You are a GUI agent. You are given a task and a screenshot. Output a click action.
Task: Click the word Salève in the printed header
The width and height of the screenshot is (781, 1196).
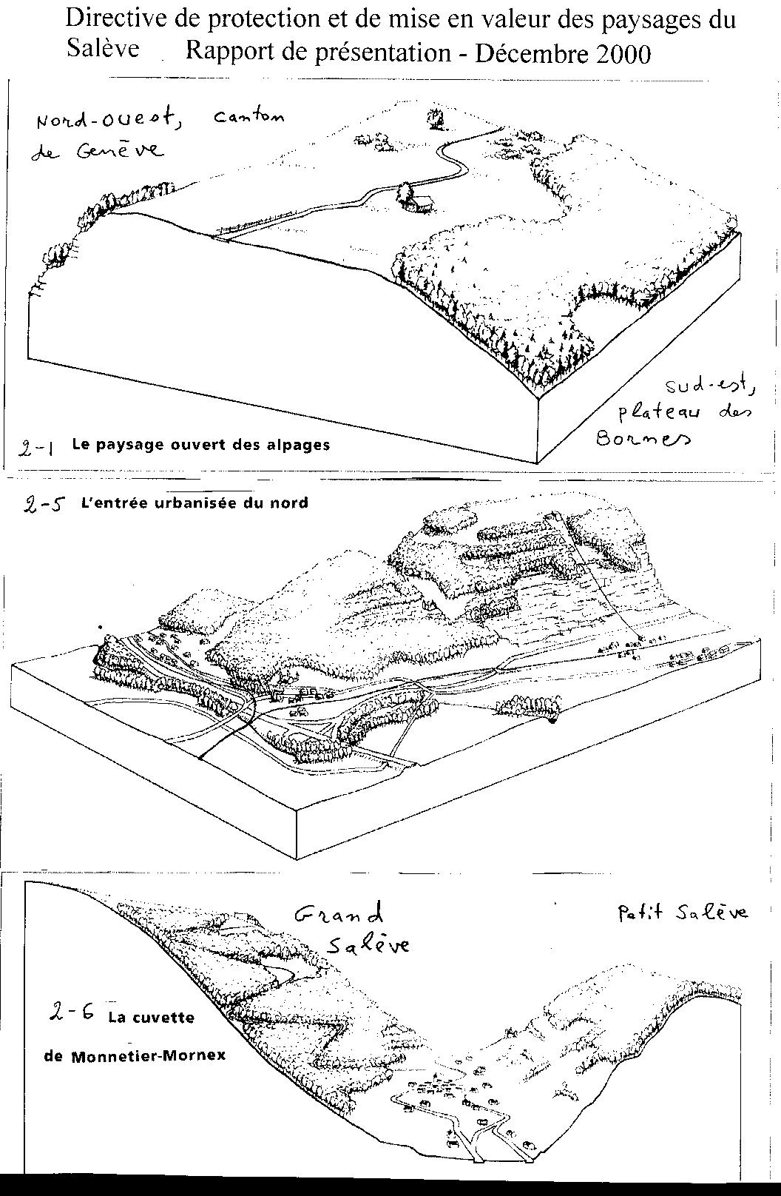point(102,48)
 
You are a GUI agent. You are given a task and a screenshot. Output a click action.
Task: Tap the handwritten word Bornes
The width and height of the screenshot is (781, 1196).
point(643,438)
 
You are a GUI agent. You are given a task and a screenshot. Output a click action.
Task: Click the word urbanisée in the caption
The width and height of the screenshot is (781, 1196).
point(191,503)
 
